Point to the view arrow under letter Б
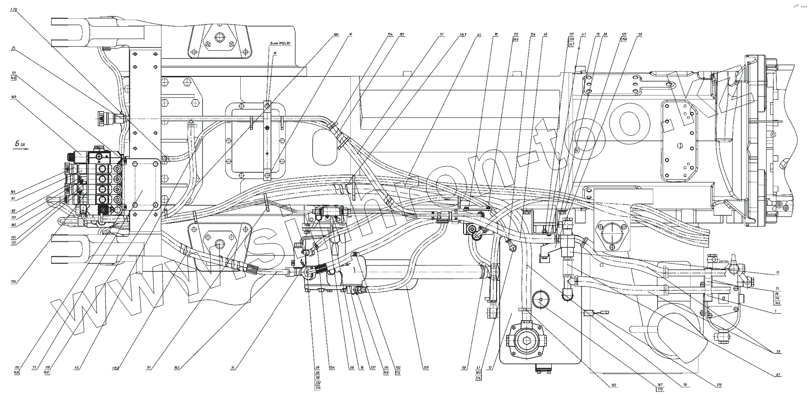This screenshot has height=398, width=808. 21,149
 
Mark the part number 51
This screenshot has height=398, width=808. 441,34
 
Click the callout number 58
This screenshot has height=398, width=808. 640,34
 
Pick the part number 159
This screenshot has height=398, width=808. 426,368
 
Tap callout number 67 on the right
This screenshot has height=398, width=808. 778,375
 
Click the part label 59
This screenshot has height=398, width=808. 778,352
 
